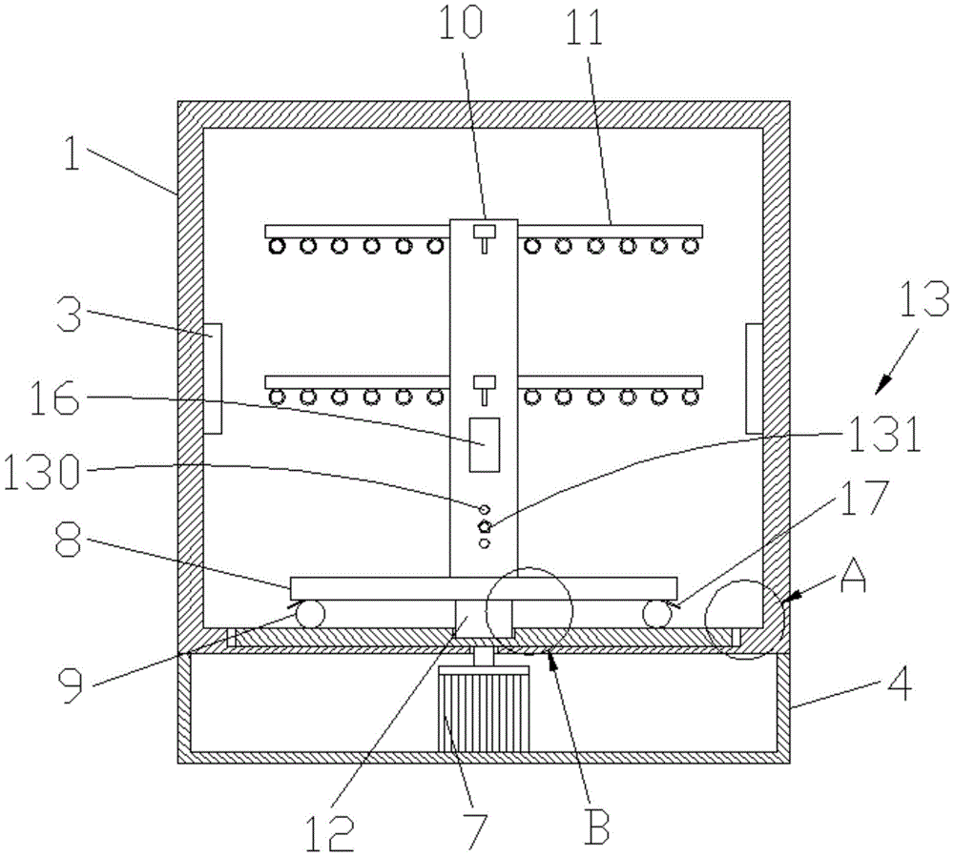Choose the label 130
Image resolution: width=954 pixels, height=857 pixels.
(41, 473)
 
